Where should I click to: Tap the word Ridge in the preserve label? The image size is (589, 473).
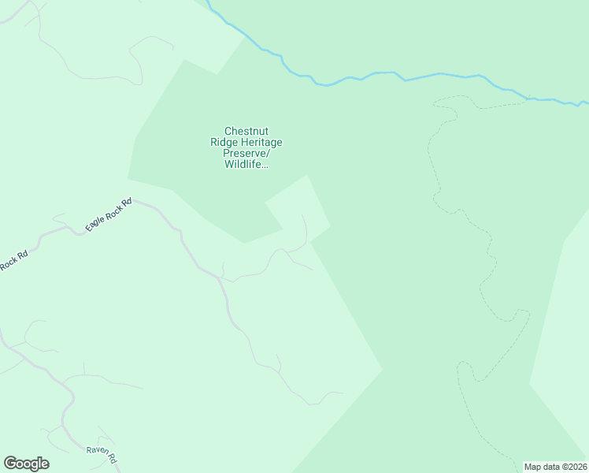click(x=224, y=143)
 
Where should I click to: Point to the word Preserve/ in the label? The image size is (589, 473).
click(x=246, y=154)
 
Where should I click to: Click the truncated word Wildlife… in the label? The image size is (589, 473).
click(x=246, y=165)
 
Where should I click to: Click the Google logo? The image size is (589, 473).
click(x=26, y=464)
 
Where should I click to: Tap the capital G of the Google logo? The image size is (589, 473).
click(x=10, y=464)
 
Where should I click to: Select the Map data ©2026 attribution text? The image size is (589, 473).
click(x=556, y=467)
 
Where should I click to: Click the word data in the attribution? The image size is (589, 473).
click(x=550, y=467)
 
